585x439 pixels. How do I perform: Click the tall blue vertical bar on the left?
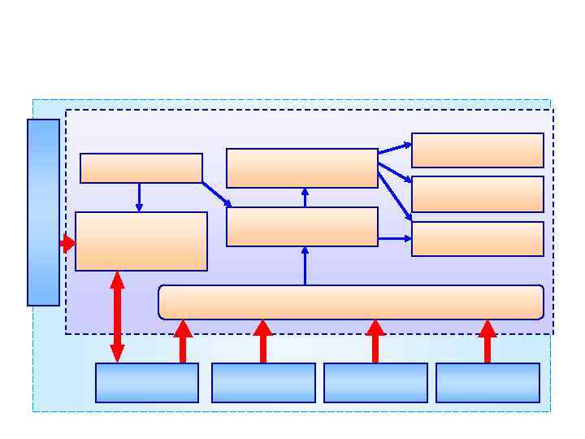click(43, 212)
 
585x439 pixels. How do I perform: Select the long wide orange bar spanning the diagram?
click(351, 302)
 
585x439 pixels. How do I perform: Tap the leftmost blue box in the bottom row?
click(147, 382)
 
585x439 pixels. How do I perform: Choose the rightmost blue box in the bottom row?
click(487, 382)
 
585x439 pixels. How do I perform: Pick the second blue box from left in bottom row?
click(263, 382)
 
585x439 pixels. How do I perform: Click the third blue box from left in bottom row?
click(375, 382)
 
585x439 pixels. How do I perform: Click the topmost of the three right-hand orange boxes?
click(478, 150)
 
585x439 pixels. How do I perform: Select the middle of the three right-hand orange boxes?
click(478, 194)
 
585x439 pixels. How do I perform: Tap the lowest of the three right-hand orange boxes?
click(478, 239)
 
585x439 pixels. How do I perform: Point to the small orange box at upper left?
click(141, 168)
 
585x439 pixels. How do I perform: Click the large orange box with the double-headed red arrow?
click(141, 241)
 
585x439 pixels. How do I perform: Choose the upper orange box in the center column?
click(302, 168)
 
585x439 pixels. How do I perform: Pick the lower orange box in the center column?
click(302, 227)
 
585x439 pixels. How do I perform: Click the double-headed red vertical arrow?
click(117, 316)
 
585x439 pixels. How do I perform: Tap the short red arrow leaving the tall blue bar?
click(67, 243)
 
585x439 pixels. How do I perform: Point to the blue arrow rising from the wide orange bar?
click(305, 266)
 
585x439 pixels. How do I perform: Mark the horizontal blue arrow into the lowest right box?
click(395, 239)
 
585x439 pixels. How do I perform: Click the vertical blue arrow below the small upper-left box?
click(139, 198)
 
